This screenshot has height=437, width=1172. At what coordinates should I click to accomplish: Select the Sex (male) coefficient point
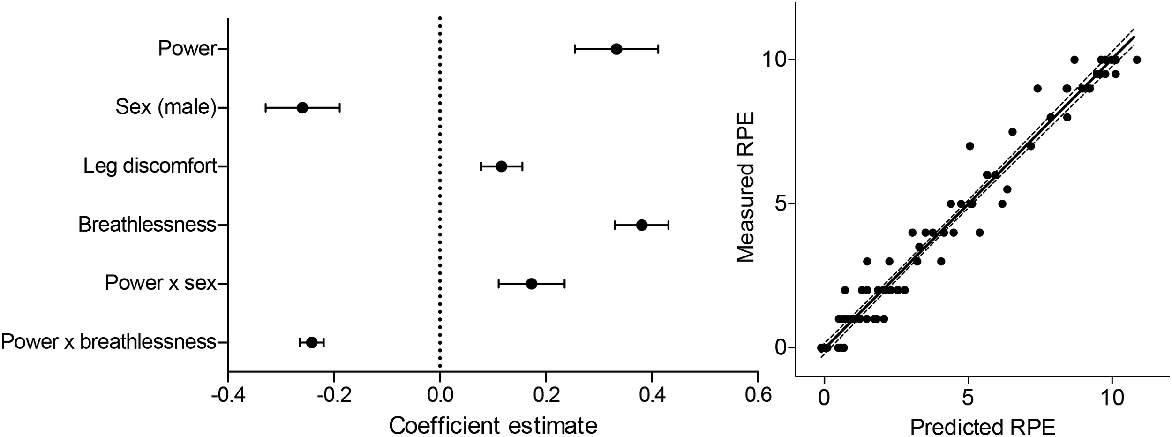tap(302, 108)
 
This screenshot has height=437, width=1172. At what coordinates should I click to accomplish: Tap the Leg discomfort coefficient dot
tap(501, 166)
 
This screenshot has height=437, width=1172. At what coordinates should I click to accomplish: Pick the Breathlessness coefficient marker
tap(642, 225)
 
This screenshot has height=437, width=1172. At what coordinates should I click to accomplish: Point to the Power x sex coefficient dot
tap(531, 284)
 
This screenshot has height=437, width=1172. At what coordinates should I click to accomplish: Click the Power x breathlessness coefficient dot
tap(311, 342)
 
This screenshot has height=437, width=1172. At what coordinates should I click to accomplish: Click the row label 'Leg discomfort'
tap(150, 166)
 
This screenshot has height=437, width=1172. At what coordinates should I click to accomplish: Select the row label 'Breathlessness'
tap(147, 225)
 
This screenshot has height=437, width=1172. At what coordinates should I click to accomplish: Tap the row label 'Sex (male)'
tap(166, 108)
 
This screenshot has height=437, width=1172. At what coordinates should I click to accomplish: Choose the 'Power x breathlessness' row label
tap(109, 342)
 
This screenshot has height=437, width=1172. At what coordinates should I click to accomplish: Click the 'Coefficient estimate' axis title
tap(493, 425)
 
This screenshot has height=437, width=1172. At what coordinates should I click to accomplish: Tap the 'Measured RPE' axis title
tap(745, 187)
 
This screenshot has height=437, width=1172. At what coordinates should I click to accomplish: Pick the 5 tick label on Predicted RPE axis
tap(968, 399)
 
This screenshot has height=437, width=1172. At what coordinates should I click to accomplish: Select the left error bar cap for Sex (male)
tap(266, 108)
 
